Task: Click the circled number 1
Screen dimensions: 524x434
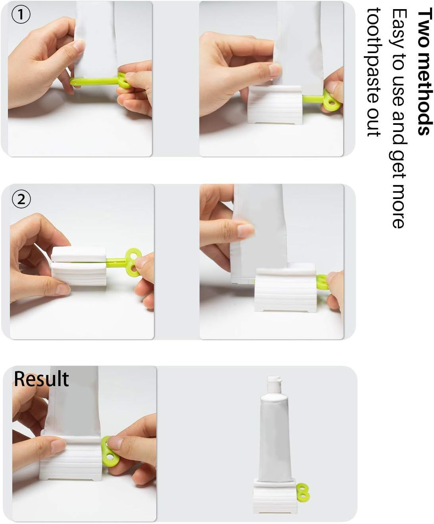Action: pyautogui.click(x=21, y=15)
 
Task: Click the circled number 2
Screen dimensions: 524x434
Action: pyautogui.click(x=21, y=199)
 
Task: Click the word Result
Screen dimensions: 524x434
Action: pyautogui.click(x=41, y=379)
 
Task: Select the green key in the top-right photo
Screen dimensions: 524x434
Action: pyautogui.click(x=330, y=99)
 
